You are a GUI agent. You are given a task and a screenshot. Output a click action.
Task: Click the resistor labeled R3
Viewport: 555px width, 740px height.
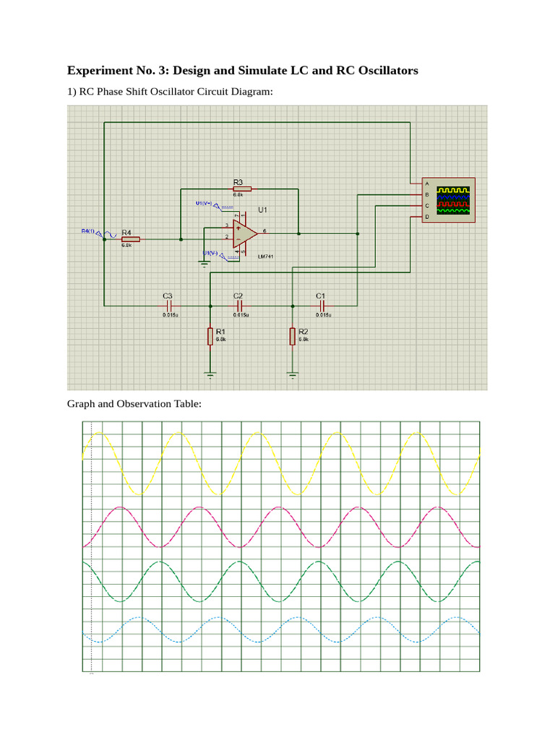[x=238, y=189]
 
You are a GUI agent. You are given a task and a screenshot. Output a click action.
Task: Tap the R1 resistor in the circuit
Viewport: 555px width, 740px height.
[x=210, y=336]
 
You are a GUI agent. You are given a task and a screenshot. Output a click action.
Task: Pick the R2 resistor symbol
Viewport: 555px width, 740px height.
[x=293, y=336]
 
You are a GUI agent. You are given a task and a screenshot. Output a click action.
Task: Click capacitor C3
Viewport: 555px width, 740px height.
[x=168, y=306]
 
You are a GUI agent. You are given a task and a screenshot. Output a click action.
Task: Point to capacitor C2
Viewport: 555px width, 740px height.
[x=239, y=306]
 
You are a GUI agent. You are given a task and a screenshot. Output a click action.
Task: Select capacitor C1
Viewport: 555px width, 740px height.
[x=322, y=306]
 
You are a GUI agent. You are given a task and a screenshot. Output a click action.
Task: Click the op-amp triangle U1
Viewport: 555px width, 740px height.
[x=244, y=233]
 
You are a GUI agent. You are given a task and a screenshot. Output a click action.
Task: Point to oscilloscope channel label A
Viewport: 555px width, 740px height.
[x=426, y=183]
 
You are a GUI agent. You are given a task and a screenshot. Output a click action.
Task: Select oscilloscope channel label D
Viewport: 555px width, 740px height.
[x=426, y=217]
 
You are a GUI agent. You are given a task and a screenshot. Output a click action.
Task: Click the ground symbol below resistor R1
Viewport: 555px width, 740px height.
[x=210, y=374]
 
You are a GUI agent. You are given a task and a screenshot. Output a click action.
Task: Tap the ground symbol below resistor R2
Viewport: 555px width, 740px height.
[x=293, y=374]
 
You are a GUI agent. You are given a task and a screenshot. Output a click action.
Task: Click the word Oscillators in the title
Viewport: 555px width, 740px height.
[x=384, y=71]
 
